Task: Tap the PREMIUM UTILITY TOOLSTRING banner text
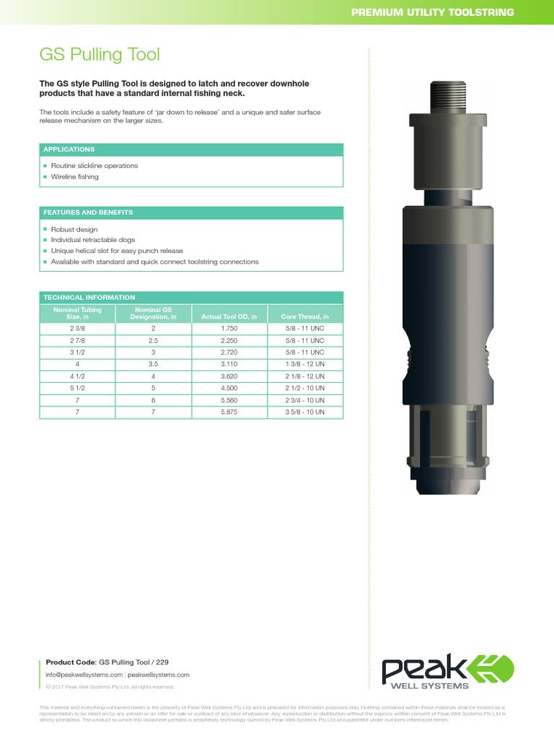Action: tap(432, 12)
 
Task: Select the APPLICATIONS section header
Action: tap(69, 149)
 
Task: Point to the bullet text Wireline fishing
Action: tap(75, 177)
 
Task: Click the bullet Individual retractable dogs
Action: tap(93, 240)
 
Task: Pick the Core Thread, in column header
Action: tap(304, 316)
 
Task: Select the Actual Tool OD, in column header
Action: tap(229, 316)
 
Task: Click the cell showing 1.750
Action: tap(229, 328)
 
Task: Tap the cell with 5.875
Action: tap(229, 413)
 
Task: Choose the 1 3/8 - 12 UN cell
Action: tap(304, 365)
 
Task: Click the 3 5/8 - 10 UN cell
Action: tap(304, 413)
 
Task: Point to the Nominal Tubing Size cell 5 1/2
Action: tap(78, 388)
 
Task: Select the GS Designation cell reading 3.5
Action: tap(154, 365)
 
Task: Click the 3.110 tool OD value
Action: tap(229, 365)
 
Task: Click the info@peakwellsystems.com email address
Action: tap(84, 675)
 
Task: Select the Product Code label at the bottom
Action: tap(70, 662)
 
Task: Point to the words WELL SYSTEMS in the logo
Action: tap(437, 686)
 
